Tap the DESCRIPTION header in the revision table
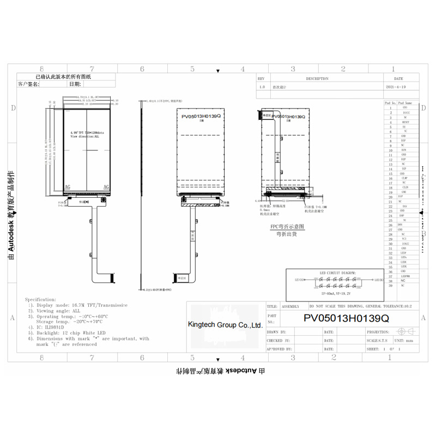pyautogui.click(x=317, y=78)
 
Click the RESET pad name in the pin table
pyautogui.click(x=404, y=122)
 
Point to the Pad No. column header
pyautogui.click(x=390, y=102)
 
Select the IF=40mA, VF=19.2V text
pyautogui.click(x=335, y=293)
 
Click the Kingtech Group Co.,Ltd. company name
pyautogui.click(x=225, y=325)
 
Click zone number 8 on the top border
pyautogui.click(x=42, y=69)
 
